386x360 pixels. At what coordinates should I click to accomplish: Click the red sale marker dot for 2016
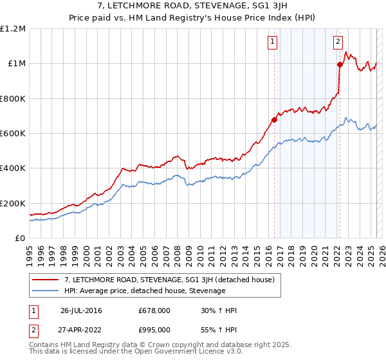tap(274, 120)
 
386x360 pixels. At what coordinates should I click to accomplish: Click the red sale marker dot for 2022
tap(339, 64)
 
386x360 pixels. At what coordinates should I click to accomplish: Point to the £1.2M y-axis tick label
tap(13, 29)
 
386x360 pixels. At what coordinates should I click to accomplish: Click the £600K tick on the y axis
tap(13, 134)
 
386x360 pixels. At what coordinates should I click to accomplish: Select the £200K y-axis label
tap(13, 203)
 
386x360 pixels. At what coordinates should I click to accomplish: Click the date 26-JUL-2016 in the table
tap(81, 310)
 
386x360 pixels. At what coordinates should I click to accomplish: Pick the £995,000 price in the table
tap(154, 329)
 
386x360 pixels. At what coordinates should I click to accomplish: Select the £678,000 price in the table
tap(154, 310)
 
